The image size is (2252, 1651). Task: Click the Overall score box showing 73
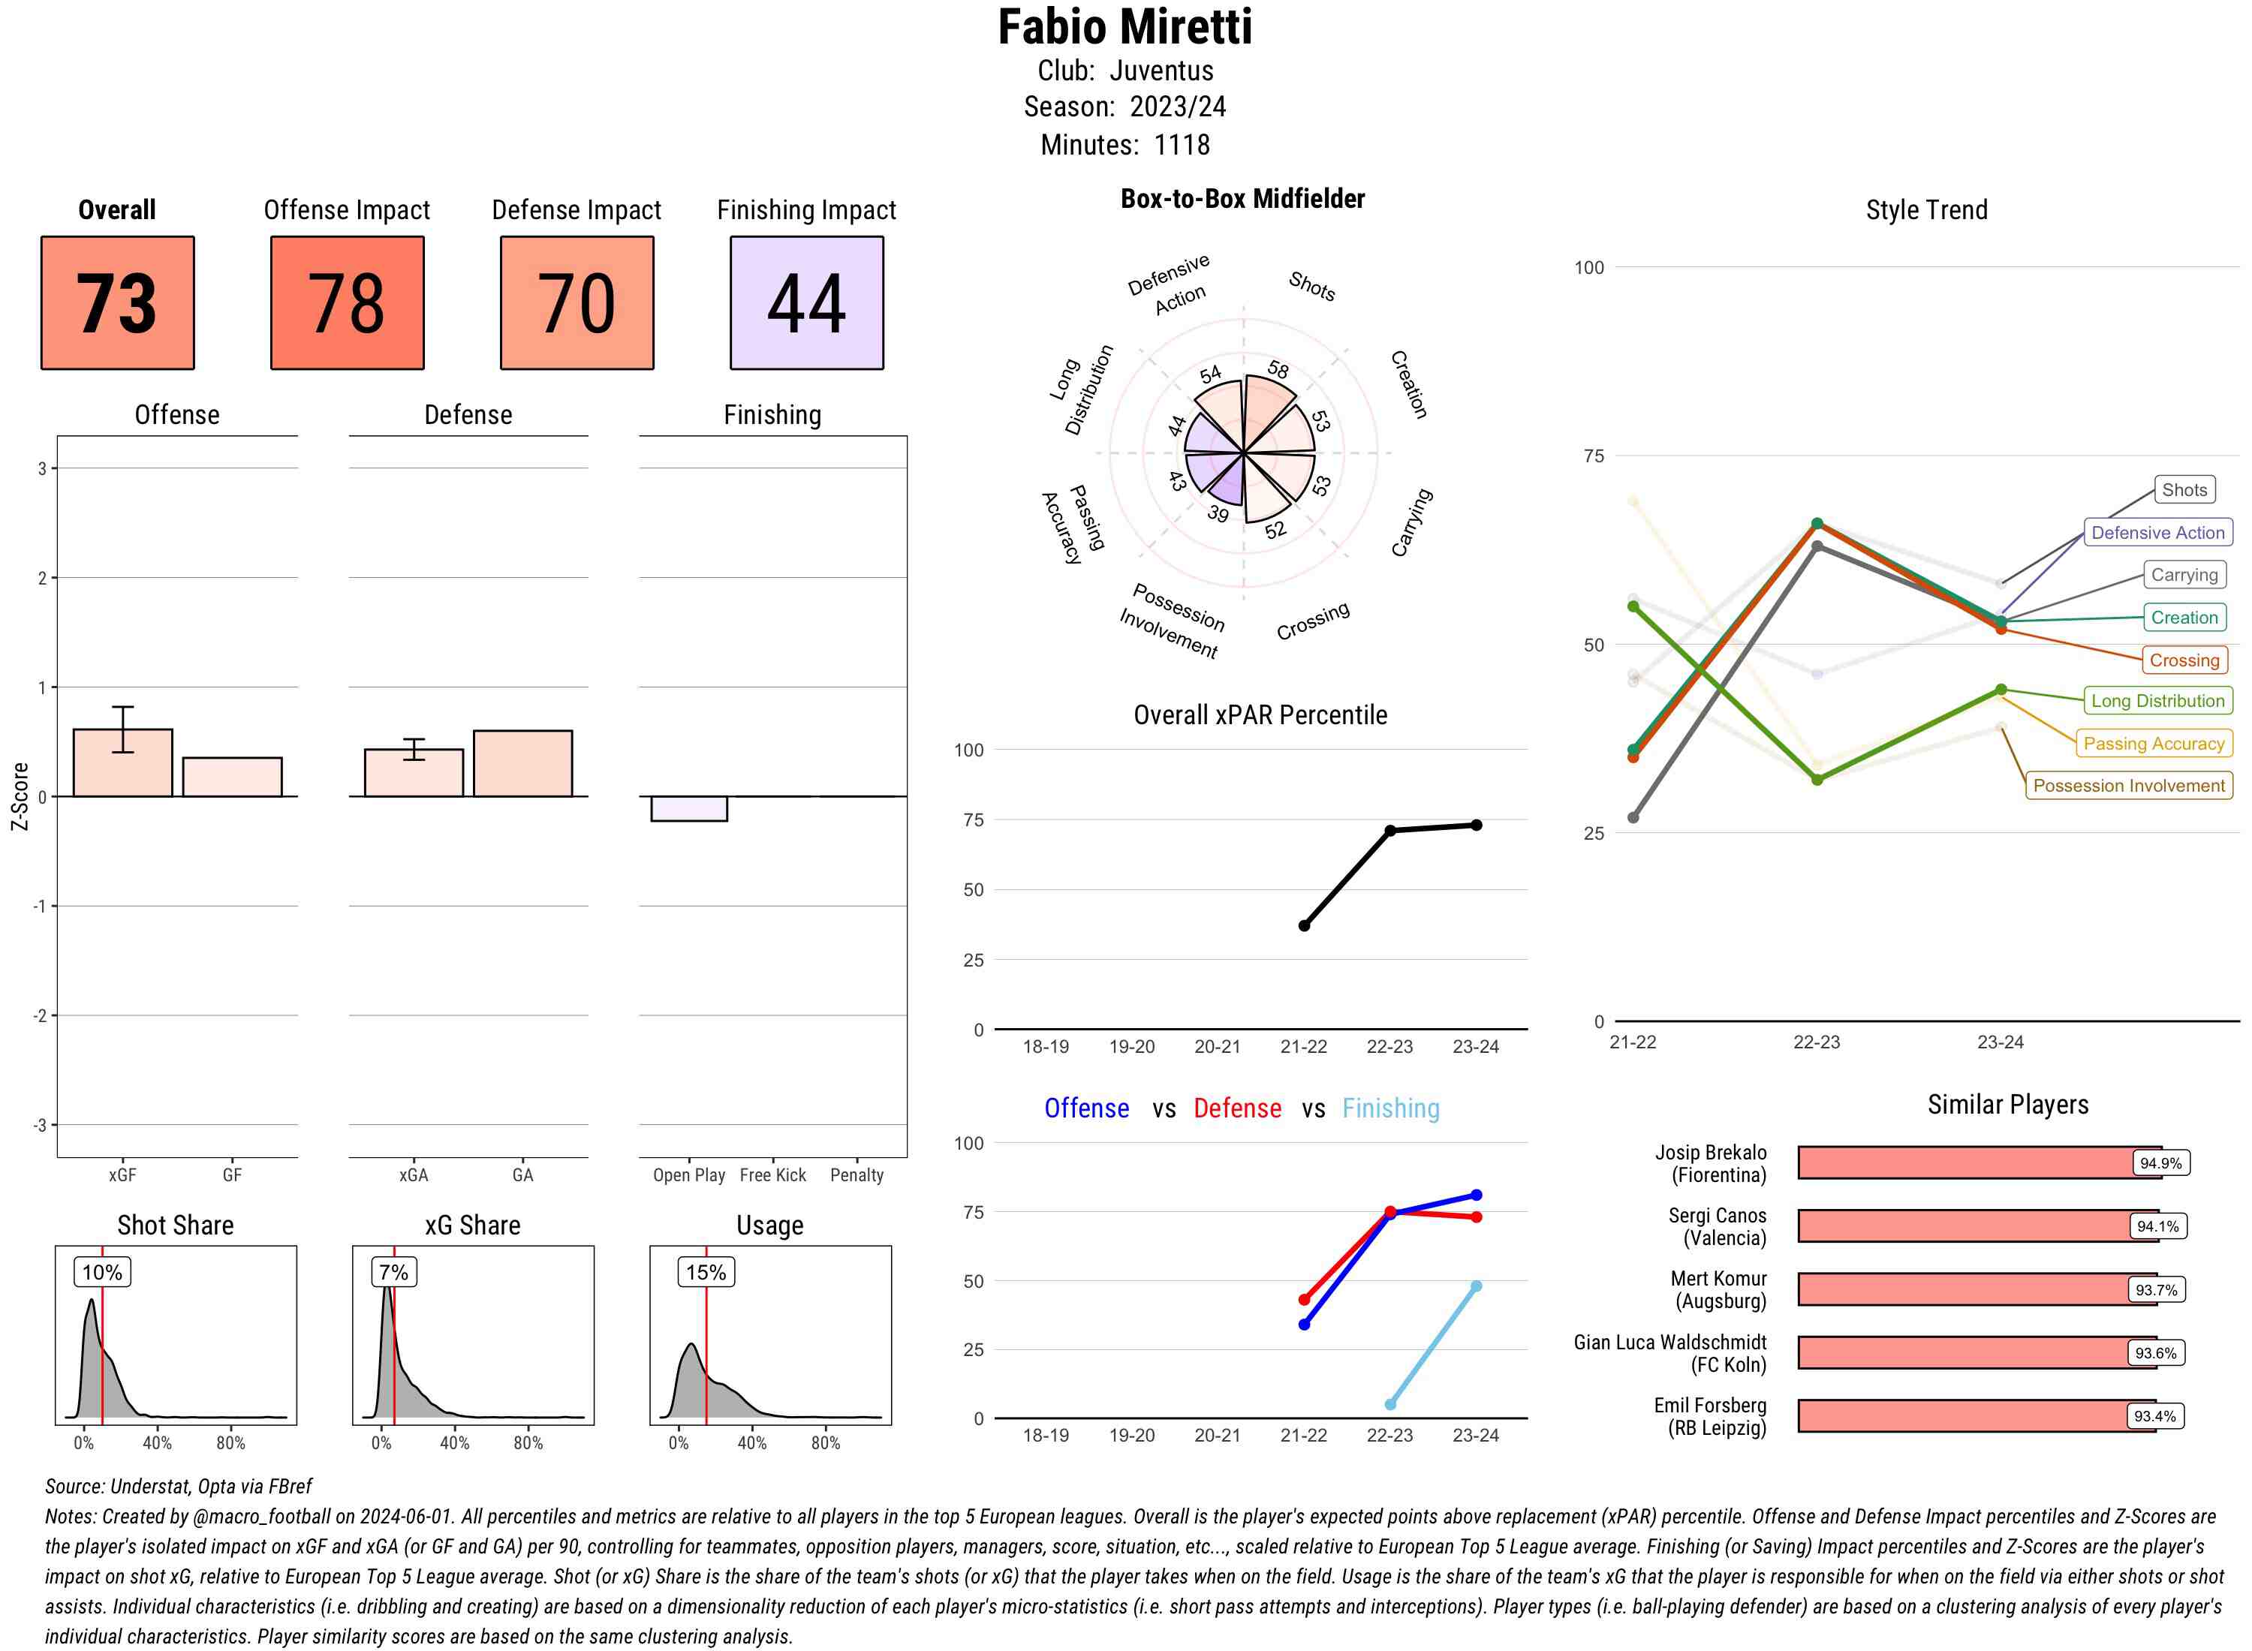pos(117,303)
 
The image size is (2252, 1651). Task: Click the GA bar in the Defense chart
pos(522,763)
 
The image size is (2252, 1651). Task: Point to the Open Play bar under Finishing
pos(688,808)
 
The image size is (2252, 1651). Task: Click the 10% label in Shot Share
pos(102,1272)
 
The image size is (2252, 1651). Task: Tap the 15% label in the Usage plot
pos(706,1272)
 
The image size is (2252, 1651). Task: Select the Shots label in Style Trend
pos(2183,490)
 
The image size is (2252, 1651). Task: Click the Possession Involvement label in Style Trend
pos(2128,786)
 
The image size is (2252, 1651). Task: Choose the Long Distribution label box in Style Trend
pos(2157,701)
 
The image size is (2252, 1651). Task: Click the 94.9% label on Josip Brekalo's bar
pos(2160,1163)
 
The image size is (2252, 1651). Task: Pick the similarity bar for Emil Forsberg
pos(1976,1416)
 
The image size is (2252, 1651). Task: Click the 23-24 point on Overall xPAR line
pos(1477,825)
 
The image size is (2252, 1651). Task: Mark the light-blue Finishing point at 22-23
pos(1389,1404)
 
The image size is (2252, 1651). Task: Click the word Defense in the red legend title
pos(1236,1108)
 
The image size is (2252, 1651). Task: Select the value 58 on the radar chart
pos(1278,370)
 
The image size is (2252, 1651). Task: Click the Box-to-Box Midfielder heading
pos(1242,199)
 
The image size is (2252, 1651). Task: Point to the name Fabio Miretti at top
pos(1124,27)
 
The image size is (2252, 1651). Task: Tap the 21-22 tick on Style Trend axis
pos(1632,1042)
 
